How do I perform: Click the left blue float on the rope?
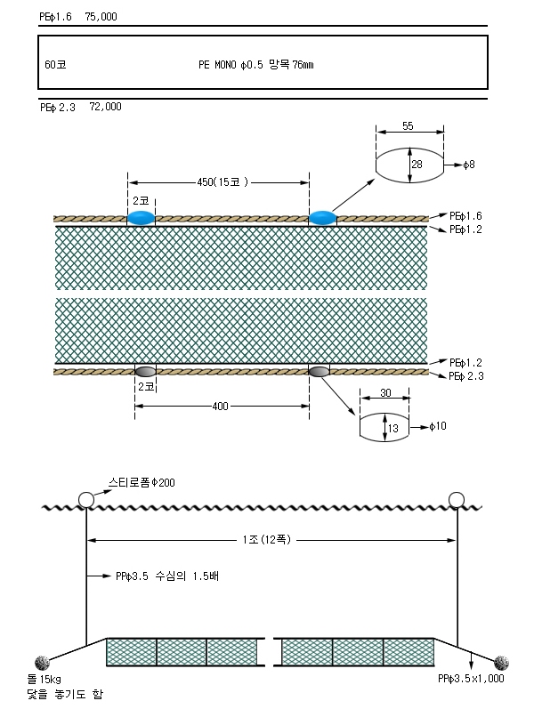[x=141, y=218]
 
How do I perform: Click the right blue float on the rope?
[x=322, y=218]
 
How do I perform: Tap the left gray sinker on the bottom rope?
[x=145, y=371]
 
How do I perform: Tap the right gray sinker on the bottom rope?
[x=319, y=371]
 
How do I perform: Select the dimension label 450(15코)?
[x=222, y=182]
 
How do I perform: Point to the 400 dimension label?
[x=220, y=406]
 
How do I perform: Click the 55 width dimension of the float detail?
[x=408, y=125]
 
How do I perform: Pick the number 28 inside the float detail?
[x=417, y=165]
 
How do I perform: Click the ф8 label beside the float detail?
[x=468, y=165]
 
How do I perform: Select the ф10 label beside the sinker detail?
[x=438, y=426]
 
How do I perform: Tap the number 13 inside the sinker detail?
[x=393, y=428]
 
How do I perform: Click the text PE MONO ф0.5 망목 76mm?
[x=256, y=64]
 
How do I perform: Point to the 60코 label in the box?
[x=55, y=64]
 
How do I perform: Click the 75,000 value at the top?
[x=101, y=17]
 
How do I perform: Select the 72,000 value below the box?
[x=106, y=107]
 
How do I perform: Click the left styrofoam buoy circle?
[x=86, y=499]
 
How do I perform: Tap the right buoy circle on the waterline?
[x=457, y=499]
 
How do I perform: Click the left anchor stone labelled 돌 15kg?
[x=42, y=663]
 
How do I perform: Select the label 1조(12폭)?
[x=267, y=540]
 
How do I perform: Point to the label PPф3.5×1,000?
[x=471, y=679]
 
